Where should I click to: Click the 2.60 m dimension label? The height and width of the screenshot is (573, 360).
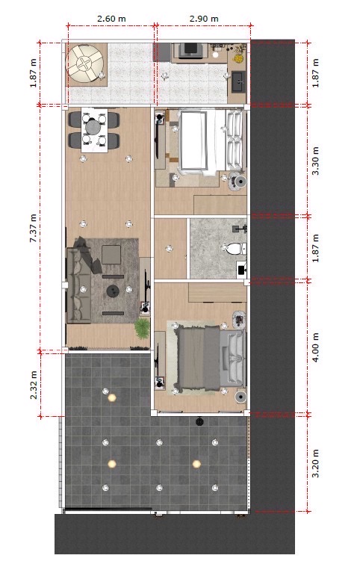tap(111, 18)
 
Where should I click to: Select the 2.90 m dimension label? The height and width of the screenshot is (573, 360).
tap(204, 18)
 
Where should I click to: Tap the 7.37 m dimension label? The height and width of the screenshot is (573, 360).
tap(34, 229)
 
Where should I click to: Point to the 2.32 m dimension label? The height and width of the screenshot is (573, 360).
tap(34, 385)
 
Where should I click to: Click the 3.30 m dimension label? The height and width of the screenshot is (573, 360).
tap(315, 161)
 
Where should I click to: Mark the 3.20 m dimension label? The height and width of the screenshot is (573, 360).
tap(315, 463)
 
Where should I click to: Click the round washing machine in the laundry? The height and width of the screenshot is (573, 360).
tap(85, 64)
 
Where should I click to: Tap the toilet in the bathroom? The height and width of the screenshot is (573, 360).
tap(233, 250)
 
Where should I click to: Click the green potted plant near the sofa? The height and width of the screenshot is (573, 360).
tap(142, 327)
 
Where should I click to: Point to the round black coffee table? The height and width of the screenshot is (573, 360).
tap(113, 291)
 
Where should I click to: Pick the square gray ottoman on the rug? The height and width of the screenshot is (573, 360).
tap(111, 255)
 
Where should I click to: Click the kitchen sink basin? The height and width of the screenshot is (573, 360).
tap(238, 81)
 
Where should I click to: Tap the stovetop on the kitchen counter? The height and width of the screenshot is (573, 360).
tap(190, 50)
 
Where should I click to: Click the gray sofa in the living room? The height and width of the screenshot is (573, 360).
tap(78, 285)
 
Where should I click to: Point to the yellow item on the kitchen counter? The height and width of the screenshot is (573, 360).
tap(239, 58)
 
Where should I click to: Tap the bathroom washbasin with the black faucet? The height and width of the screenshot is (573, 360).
tap(241, 270)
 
